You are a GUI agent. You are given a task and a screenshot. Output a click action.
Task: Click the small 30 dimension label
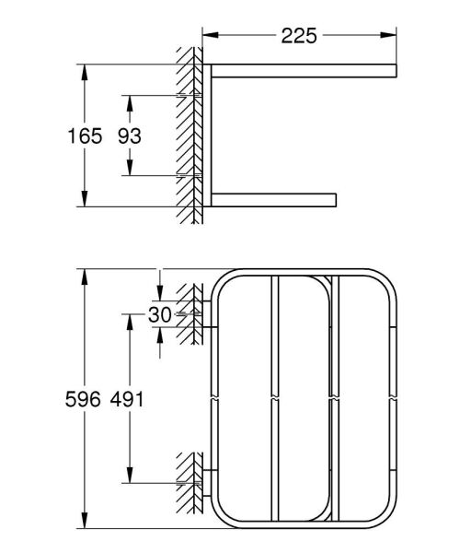[x=158, y=314]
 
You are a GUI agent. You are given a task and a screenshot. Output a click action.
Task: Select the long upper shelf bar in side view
[x=304, y=71]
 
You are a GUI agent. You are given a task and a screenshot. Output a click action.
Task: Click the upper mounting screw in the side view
[x=195, y=95]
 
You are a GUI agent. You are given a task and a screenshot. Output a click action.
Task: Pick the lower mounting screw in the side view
[x=195, y=175]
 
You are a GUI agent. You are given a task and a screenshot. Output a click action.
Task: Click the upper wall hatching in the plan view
[x=191, y=313]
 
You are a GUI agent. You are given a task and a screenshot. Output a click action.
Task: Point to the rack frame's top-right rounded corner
[x=385, y=280]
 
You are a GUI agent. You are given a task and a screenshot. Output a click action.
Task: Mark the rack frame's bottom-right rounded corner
[x=385, y=518]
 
